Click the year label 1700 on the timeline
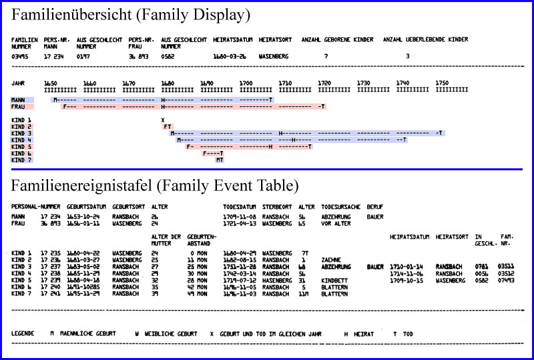[x=246, y=83]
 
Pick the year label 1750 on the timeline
[x=442, y=83]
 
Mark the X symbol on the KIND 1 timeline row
[x=163, y=119]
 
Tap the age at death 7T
[x=304, y=254]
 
